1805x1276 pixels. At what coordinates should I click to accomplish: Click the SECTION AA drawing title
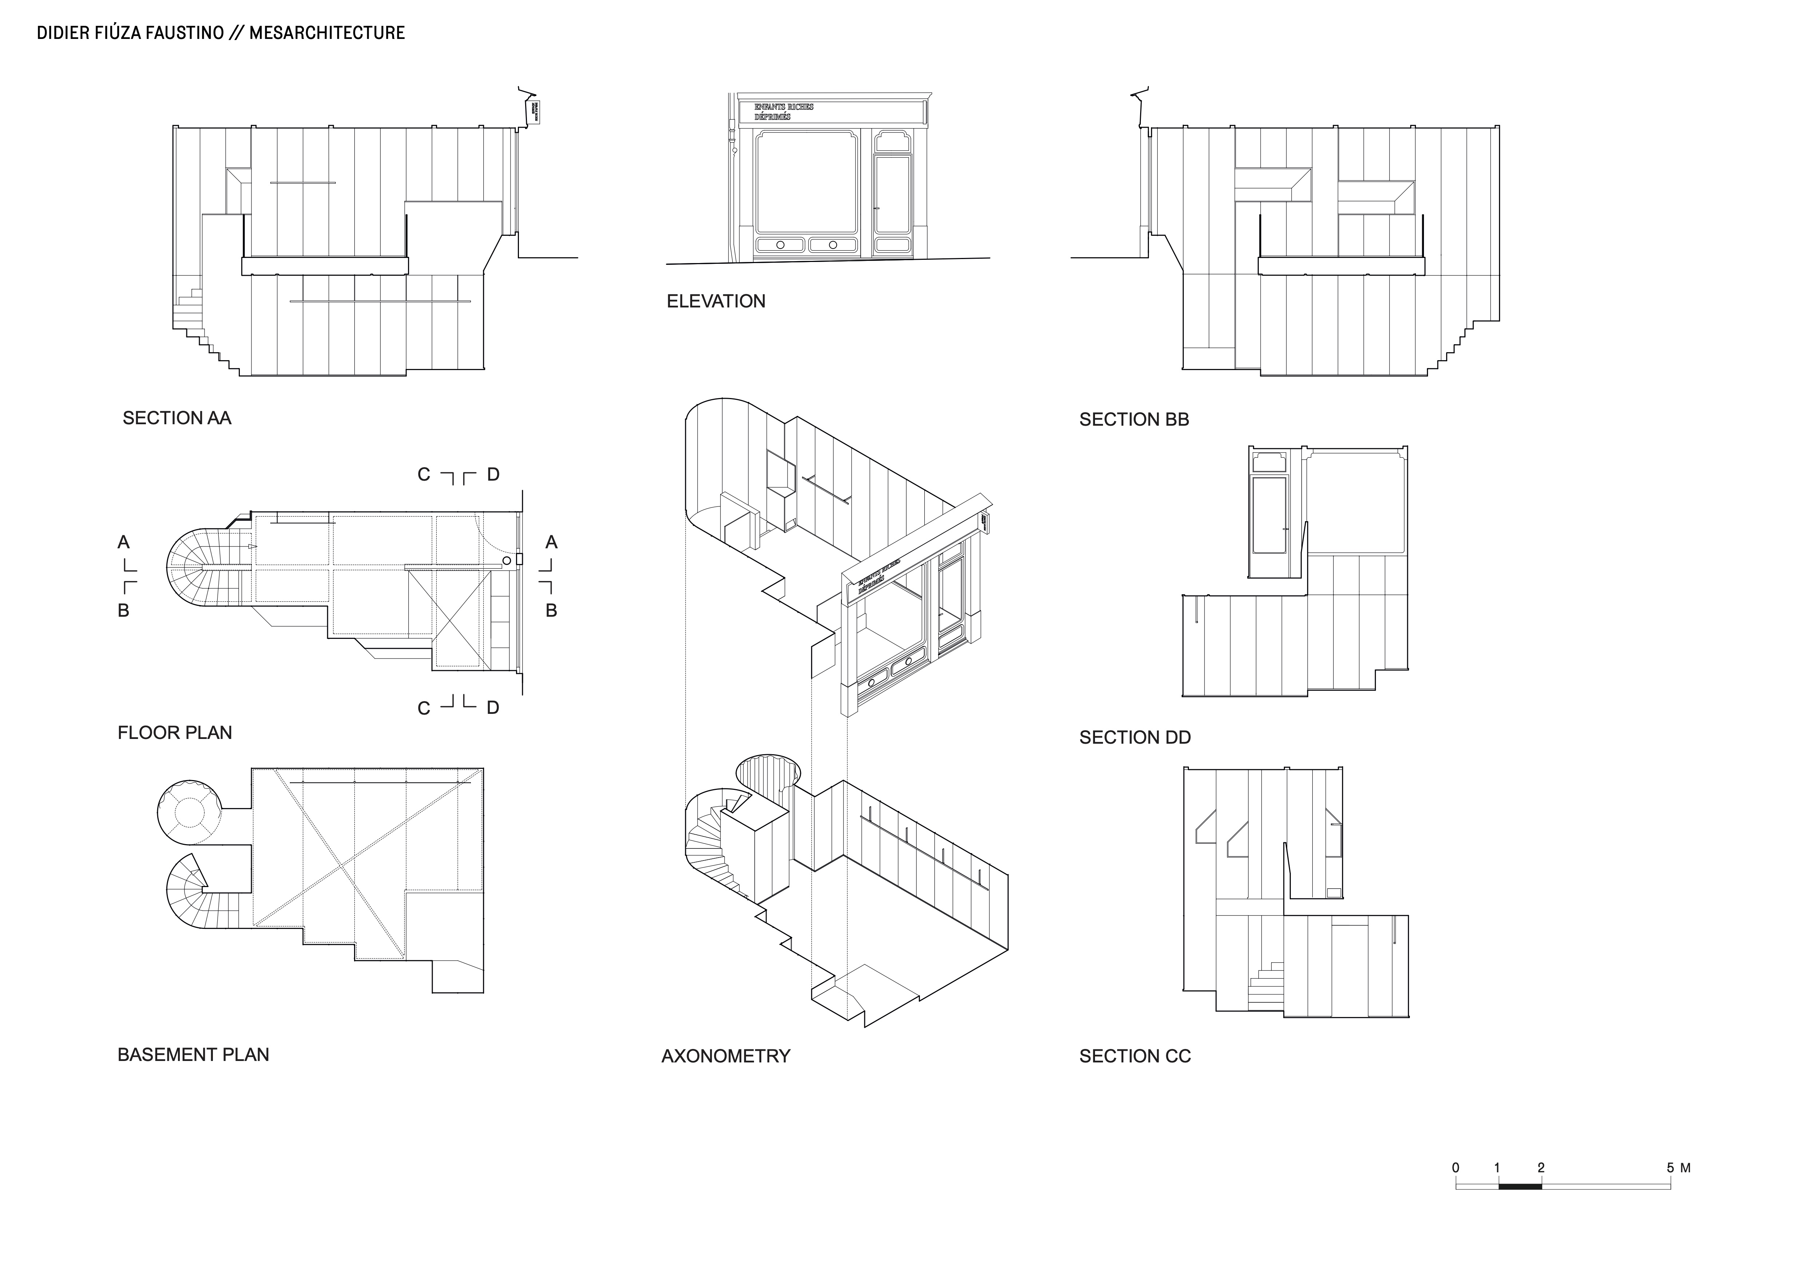pos(177,418)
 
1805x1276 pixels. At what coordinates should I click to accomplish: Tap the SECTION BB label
pos(1134,420)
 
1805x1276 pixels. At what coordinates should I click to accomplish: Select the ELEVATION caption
pos(715,301)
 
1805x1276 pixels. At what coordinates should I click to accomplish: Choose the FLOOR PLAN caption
pos(175,733)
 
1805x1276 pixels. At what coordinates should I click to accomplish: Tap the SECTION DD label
pos(1134,738)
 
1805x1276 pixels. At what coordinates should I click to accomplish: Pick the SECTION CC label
pos(1134,1056)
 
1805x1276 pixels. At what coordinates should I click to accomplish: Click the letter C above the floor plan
pos(424,475)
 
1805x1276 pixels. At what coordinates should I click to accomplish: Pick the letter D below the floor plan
pos(493,708)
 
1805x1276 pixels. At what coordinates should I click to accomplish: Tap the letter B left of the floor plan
pos(123,610)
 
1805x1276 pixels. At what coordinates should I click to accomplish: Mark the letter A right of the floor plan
pos(551,542)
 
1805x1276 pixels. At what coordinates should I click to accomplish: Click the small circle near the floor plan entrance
pos(507,561)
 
